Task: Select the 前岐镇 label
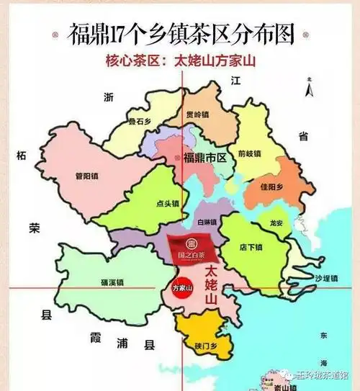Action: click(250, 153)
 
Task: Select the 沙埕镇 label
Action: click(325, 277)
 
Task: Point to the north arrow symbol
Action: click(308, 91)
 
